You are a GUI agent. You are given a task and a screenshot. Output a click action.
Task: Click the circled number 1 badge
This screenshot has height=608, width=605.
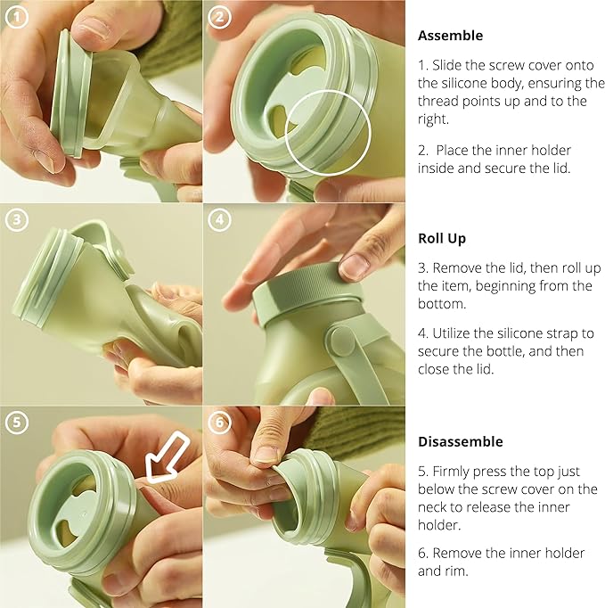pos(15,16)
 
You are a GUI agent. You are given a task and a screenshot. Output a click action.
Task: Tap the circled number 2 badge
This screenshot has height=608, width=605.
pos(219,16)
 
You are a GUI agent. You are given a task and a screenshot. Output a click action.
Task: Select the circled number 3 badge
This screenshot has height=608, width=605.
pos(15,219)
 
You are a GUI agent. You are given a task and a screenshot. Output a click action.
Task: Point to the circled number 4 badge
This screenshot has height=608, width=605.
pos(219,219)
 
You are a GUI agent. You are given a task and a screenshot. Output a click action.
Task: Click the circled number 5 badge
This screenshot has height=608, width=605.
pos(15,423)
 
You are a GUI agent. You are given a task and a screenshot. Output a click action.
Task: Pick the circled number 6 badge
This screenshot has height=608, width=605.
pos(219,423)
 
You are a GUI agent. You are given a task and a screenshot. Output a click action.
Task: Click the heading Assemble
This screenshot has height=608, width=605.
pos(450,37)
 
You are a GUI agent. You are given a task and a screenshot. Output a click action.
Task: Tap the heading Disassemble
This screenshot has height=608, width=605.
pos(460,441)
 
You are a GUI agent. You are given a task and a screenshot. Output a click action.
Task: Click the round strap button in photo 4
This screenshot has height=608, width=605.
pos(342,341)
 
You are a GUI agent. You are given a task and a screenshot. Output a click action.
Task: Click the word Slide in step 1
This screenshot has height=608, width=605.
pos(446,65)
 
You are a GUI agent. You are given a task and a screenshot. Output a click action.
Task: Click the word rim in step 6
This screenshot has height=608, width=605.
pos(459,571)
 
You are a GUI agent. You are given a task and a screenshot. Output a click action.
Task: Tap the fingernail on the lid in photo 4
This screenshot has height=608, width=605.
pos(355,266)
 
